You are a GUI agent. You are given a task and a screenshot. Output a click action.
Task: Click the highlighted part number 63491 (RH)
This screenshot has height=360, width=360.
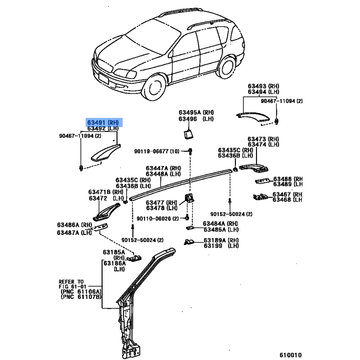pos(103,122)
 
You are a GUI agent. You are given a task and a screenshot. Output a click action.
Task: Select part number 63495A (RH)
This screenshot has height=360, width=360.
pos(196,112)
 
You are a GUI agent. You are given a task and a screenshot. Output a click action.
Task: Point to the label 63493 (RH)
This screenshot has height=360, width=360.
pos(263,86)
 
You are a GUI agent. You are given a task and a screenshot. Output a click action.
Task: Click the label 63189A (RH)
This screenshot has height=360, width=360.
pos(220,240)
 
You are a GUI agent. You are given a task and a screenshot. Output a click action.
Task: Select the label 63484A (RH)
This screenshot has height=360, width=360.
pos(220,223)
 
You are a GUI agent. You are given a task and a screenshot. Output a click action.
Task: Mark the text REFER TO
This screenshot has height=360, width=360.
pos(71,280)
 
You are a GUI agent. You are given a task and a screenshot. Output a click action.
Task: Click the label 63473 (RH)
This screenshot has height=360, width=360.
pos(263,139)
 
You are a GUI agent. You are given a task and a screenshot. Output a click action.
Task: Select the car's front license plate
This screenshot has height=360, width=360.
pos(104,80)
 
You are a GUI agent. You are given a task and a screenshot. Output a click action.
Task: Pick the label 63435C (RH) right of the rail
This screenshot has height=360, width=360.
pos(235,150)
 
